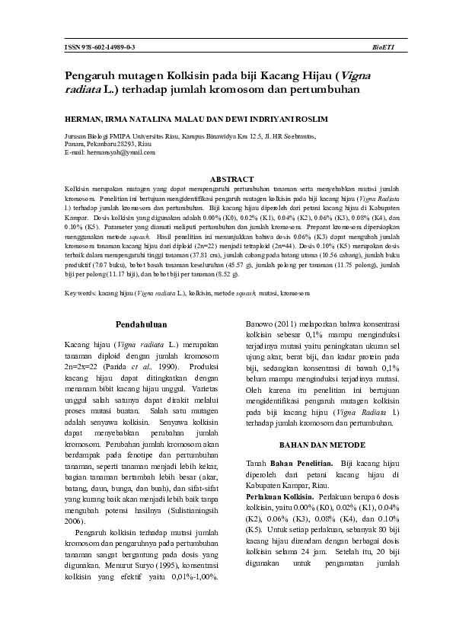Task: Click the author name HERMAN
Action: [x=82, y=119]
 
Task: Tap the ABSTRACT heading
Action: [x=231, y=178]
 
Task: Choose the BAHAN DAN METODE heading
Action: [x=322, y=445]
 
